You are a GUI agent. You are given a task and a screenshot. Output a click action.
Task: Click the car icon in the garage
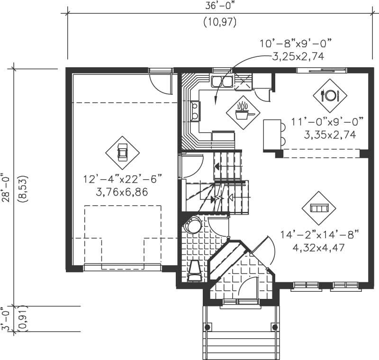[122, 152]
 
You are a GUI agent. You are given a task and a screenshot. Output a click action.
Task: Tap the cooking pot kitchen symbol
[243, 112]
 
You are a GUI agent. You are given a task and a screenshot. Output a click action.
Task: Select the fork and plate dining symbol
[330, 95]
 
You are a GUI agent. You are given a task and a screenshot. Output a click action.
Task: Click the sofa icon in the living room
[318, 208]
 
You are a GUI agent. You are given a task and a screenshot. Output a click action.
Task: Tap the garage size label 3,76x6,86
[122, 192]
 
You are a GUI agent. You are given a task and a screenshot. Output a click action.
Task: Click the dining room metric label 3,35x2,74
[330, 134]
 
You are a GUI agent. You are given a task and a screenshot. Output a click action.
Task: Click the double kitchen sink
[222, 81]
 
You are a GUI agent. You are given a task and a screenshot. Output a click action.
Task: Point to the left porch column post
[207, 326]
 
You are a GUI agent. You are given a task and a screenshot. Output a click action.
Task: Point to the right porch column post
[275, 326]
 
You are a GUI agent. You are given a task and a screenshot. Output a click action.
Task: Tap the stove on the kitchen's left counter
[195, 112]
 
